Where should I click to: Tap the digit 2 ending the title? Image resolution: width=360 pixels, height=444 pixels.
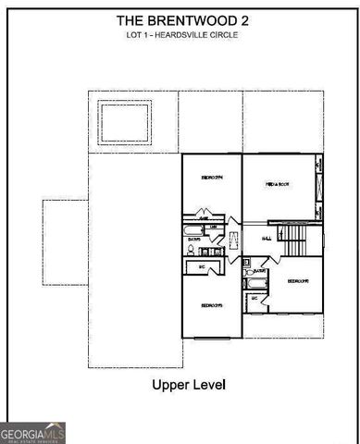[x=245, y=18]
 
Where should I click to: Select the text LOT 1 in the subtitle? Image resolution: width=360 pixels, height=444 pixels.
[x=139, y=34]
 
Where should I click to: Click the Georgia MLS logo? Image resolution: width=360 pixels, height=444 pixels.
[x=33, y=432]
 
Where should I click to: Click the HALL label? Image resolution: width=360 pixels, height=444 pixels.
[x=267, y=238]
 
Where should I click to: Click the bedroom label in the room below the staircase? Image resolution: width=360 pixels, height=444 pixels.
[x=297, y=280]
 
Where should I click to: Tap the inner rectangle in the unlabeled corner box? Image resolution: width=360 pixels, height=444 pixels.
[x=124, y=119]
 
